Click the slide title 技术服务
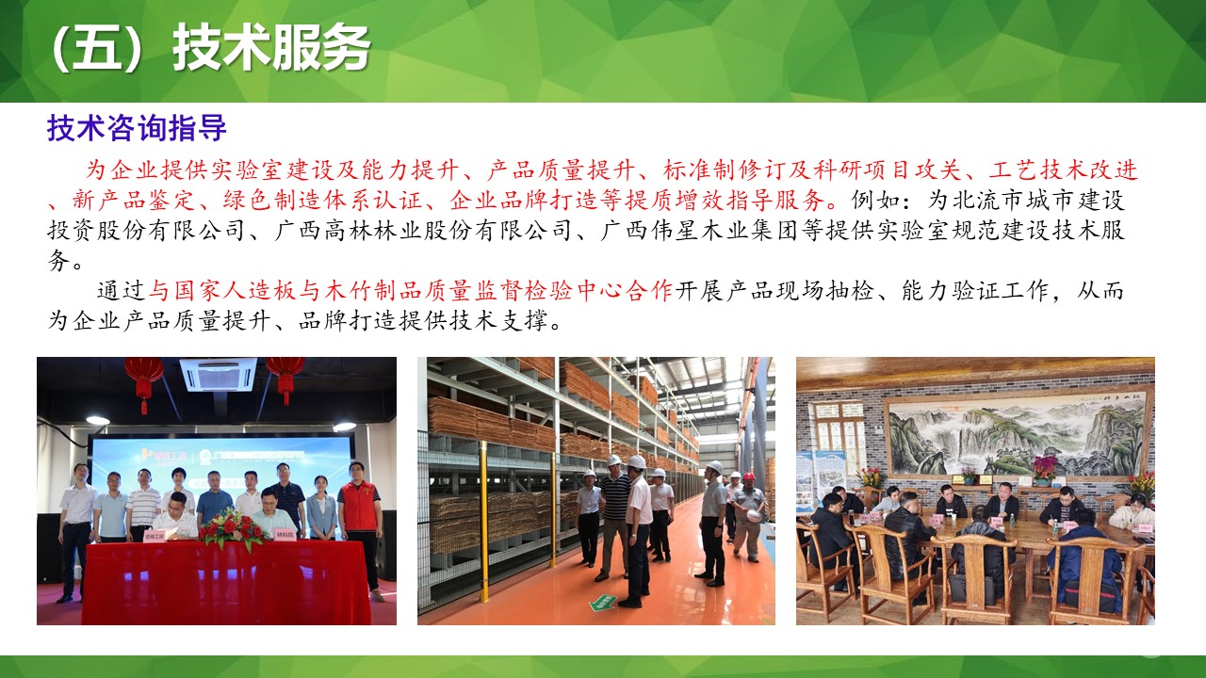(271, 47)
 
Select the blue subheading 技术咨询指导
(137, 128)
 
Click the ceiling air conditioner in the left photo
(218, 374)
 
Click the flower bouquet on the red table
(233, 528)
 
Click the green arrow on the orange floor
(603, 603)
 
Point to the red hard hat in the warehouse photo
(748, 476)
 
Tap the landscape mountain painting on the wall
(1019, 435)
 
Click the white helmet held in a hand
(752, 515)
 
